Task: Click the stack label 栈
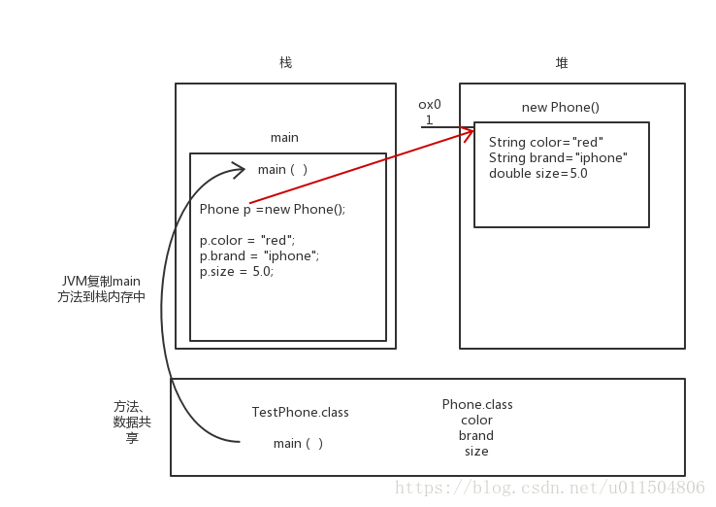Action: pyautogui.click(x=285, y=63)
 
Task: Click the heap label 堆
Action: pyautogui.click(x=562, y=63)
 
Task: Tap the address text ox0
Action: pyautogui.click(x=430, y=104)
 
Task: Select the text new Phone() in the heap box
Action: pyautogui.click(x=561, y=108)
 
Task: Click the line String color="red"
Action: pyautogui.click(x=546, y=142)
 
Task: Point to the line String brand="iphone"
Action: pyautogui.click(x=558, y=157)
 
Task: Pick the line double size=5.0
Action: pyautogui.click(x=538, y=174)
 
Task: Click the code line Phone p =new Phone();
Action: pyautogui.click(x=273, y=209)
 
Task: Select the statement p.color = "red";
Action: pyautogui.click(x=247, y=240)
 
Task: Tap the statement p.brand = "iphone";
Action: pyautogui.click(x=259, y=255)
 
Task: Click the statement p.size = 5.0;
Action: pyautogui.click(x=237, y=272)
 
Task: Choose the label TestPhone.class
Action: pyautogui.click(x=300, y=412)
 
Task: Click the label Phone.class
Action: pyautogui.click(x=477, y=404)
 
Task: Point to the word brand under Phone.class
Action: pyautogui.click(x=476, y=435)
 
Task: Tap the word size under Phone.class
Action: pyautogui.click(x=476, y=451)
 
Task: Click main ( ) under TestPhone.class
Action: pyautogui.click(x=298, y=443)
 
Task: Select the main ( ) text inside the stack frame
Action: pyautogui.click(x=282, y=169)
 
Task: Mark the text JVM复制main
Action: pyautogui.click(x=100, y=281)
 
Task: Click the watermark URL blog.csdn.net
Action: pyautogui.click(x=549, y=488)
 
